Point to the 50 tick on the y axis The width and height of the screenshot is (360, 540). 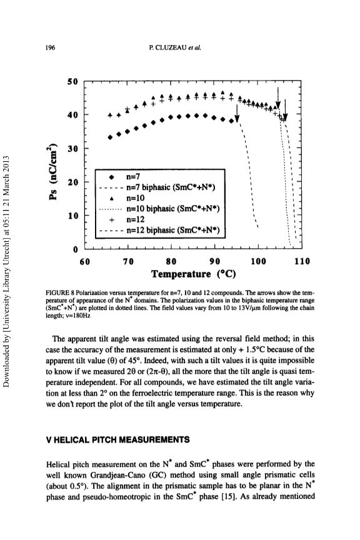[73, 82]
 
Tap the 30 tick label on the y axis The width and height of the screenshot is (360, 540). [73, 148]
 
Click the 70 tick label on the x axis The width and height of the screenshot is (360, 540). [128, 261]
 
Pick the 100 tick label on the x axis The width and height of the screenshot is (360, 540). [258, 261]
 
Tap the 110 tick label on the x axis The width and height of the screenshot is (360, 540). [302, 261]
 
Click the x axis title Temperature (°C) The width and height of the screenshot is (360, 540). [194, 274]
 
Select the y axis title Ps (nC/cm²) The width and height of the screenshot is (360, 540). [52, 171]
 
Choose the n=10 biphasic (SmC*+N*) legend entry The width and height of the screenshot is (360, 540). [159, 209]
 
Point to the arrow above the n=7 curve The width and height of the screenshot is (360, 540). [237, 114]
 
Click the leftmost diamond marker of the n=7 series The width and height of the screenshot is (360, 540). [110, 137]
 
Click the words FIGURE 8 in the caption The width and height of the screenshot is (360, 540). [60, 293]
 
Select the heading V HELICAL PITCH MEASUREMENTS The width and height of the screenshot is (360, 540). [118, 440]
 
